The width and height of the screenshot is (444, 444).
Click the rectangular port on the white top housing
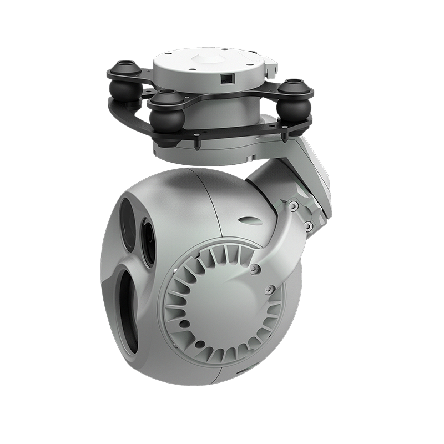tap(226, 79)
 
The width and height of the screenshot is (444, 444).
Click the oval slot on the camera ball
tap(250, 221)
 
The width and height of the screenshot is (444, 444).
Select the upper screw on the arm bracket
tap(292, 206)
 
